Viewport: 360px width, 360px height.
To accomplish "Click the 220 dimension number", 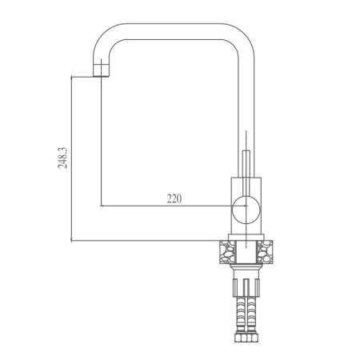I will point(174,198).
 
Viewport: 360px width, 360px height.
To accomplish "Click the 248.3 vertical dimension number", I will point(62,158).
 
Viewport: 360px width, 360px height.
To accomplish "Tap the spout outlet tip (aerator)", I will point(101,73).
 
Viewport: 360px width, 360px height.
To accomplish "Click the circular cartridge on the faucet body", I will point(242,212).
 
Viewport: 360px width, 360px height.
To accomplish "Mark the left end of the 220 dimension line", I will point(102,206).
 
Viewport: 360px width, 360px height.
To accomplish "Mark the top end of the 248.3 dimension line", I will point(73,77).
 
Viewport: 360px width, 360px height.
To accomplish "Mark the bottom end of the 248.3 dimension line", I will point(73,241).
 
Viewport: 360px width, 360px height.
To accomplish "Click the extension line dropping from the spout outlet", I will point(102,144).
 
